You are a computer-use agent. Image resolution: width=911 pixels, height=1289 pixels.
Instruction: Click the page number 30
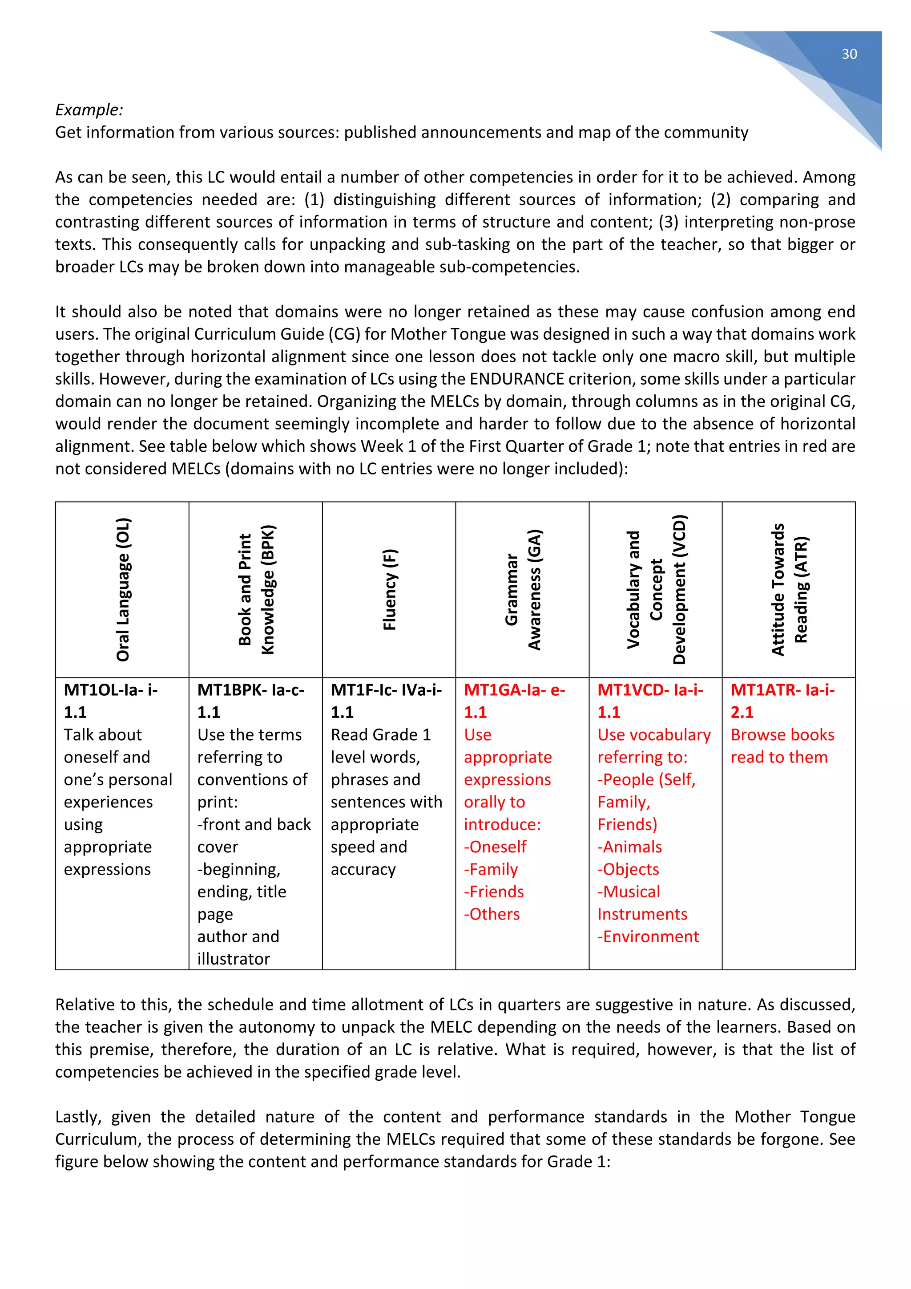click(x=849, y=54)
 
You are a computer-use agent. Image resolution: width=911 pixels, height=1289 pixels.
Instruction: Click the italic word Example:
click(x=89, y=109)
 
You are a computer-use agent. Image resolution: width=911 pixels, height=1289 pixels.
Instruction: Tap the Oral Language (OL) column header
click(x=123, y=589)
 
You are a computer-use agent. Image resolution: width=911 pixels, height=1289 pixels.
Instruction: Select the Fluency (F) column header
click(x=389, y=589)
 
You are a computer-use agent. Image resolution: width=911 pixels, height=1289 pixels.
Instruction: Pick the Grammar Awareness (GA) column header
click(x=522, y=589)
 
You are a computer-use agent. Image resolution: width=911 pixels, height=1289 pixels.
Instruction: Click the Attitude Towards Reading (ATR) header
click(x=789, y=589)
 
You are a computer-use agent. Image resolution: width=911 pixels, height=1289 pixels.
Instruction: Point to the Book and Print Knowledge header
click(x=256, y=589)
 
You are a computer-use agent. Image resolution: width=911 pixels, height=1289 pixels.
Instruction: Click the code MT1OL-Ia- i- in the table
click(x=110, y=690)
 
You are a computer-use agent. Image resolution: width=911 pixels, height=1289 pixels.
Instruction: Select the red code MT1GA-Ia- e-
click(x=514, y=690)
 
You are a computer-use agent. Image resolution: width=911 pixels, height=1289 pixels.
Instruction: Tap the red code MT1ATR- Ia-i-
click(x=782, y=690)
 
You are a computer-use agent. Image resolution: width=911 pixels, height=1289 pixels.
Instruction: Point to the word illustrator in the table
click(x=234, y=959)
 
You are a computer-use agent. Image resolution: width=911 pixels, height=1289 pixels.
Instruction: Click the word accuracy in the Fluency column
click(x=363, y=869)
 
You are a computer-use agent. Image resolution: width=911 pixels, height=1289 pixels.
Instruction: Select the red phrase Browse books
click(x=782, y=735)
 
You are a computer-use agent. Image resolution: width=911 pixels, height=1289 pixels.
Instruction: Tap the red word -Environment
click(x=648, y=936)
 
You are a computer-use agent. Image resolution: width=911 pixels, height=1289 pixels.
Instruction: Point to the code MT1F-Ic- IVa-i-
click(x=386, y=690)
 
